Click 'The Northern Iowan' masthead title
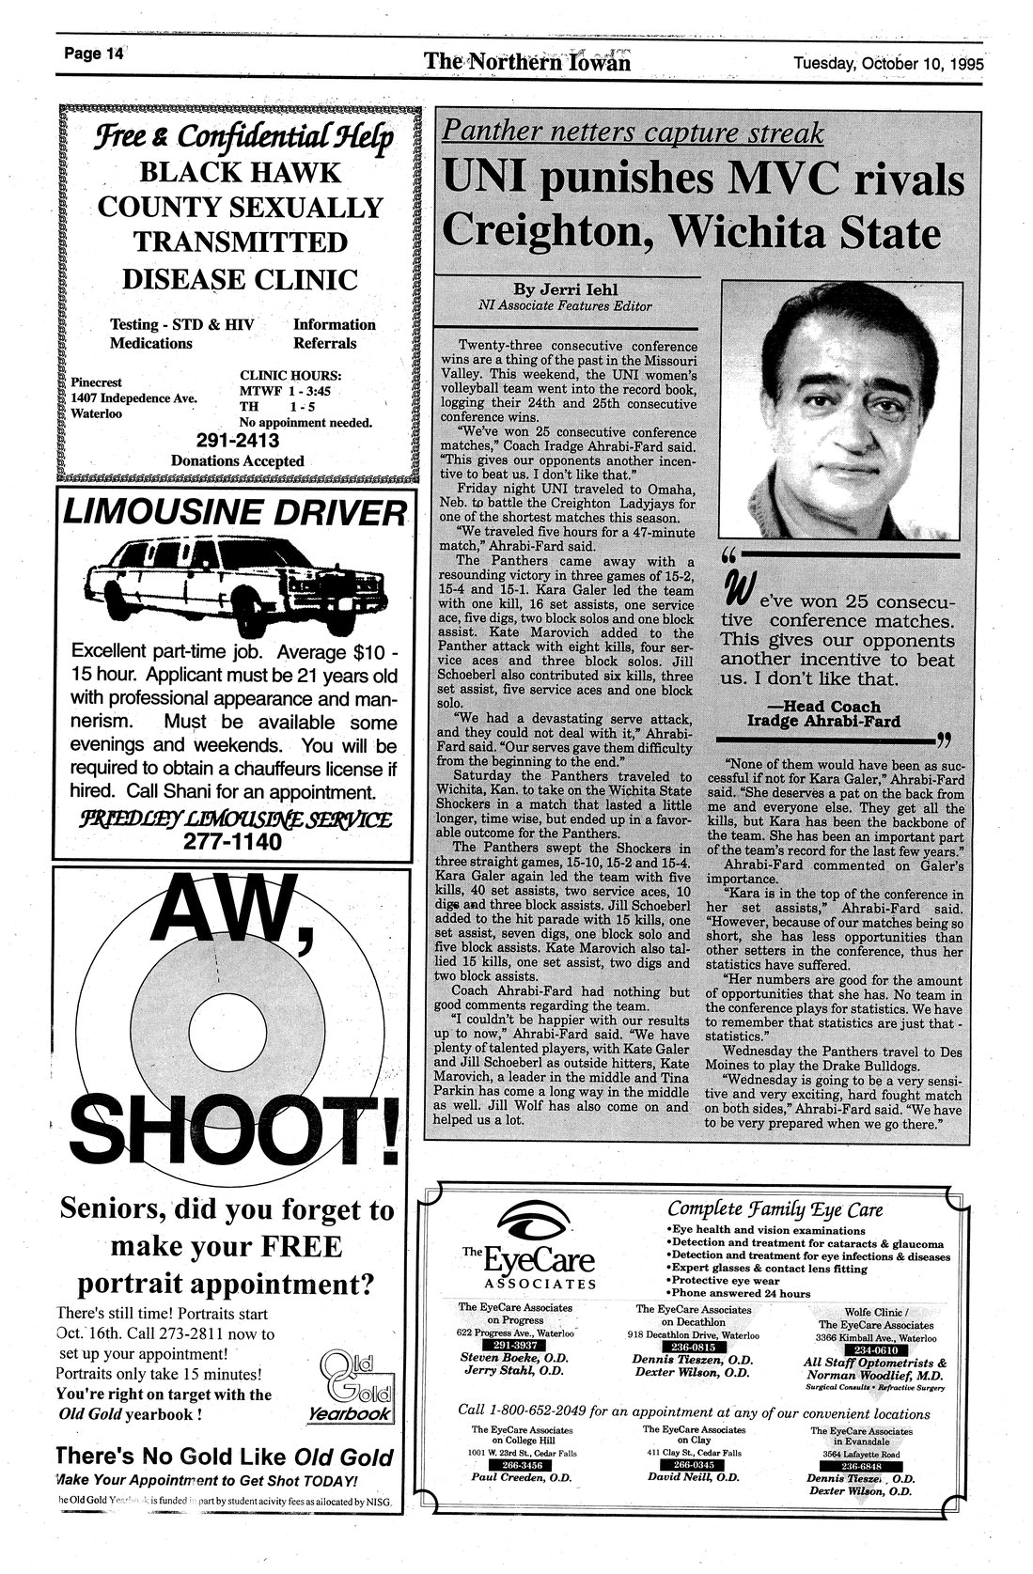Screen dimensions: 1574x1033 [x=526, y=62]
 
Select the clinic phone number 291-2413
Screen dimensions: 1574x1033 [x=238, y=441]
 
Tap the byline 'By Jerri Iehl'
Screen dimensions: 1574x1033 [x=564, y=289]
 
